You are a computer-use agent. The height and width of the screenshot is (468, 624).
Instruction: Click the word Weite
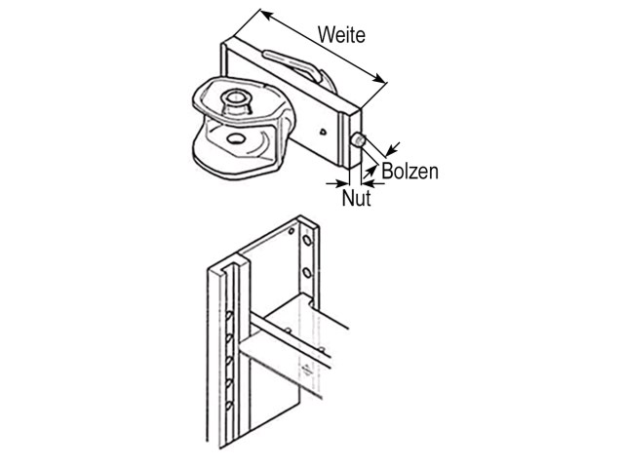tap(341, 35)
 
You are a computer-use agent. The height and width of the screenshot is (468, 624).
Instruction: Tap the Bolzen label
tap(409, 172)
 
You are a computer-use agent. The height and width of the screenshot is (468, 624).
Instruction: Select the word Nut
tap(357, 198)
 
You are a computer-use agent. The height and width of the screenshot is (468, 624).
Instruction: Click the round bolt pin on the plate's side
tap(358, 140)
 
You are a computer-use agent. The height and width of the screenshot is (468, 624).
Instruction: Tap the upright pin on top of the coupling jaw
tap(236, 100)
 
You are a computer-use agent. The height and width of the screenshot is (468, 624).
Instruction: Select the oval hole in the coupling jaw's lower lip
tap(236, 138)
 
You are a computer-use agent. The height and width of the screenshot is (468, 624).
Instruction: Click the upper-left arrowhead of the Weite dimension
tap(267, 15)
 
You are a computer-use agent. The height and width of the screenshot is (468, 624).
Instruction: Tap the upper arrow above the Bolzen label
tap(393, 149)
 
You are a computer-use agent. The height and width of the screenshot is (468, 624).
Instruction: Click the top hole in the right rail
tap(307, 241)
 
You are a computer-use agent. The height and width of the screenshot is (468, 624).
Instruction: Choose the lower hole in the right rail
tap(307, 273)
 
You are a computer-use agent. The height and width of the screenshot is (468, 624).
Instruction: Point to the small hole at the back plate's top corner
tap(292, 231)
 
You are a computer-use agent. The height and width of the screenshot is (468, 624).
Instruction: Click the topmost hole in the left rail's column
tap(229, 316)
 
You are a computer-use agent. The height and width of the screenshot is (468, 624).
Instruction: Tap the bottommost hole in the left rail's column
tap(229, 407)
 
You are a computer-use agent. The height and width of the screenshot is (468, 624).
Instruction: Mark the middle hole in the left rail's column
tap(229, 362)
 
